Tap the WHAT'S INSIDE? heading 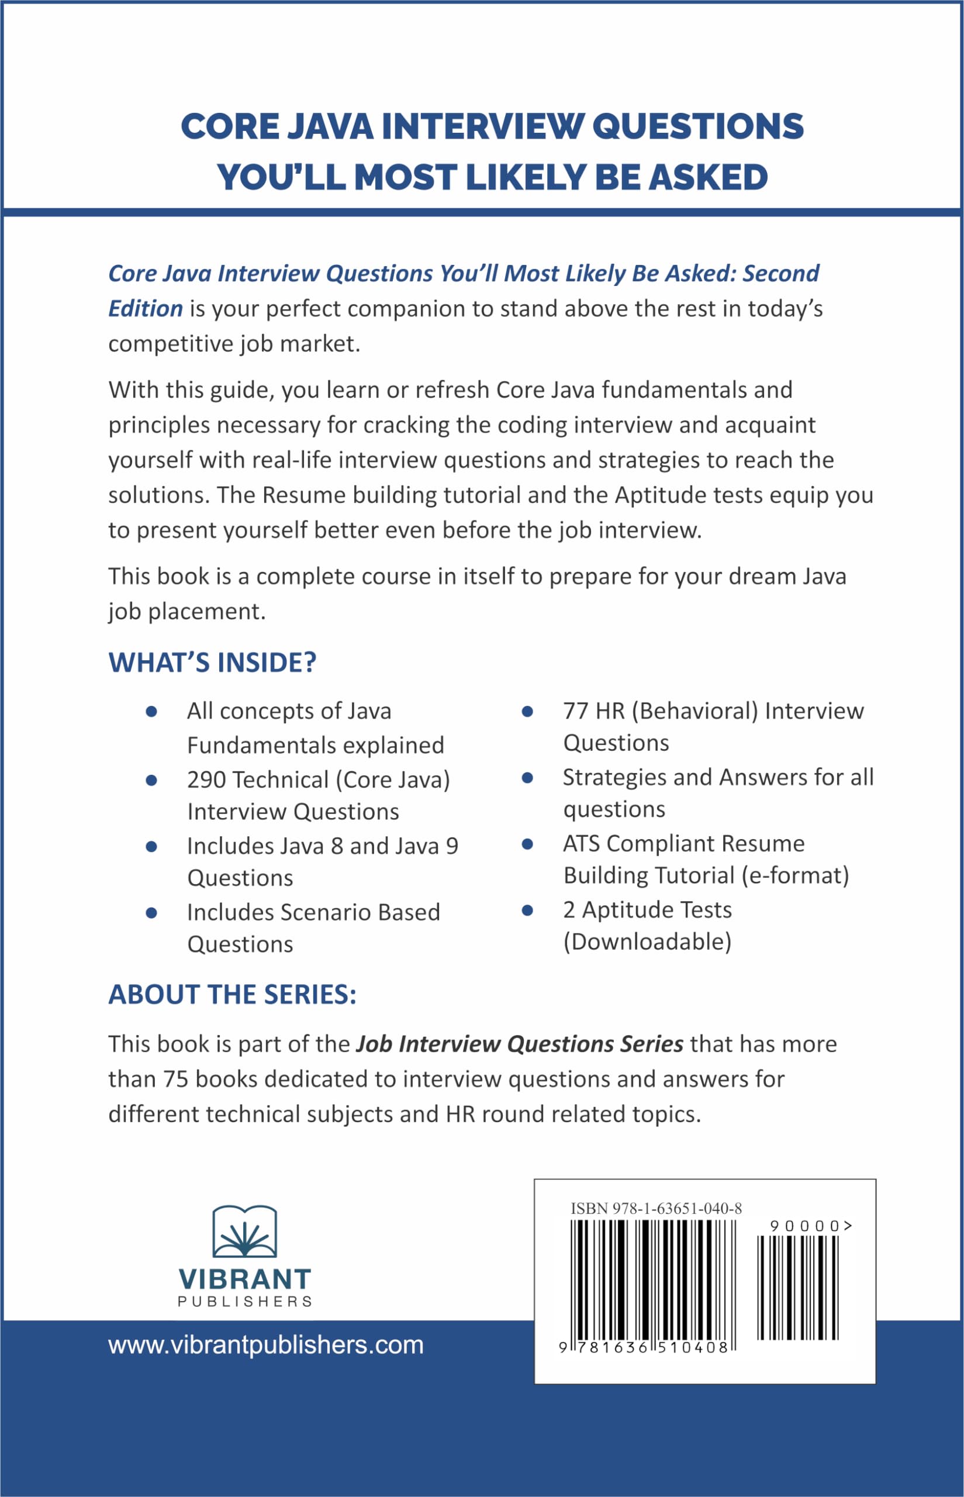pyautogui.click(x=212, y=663)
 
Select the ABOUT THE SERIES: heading pyautogui.click(x=232, y=995)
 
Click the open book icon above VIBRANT pyautogui.click(x=245, y=1232)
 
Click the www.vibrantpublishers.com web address pyautogui.click(x=266, y=1345)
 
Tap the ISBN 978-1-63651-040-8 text pyautogui.click(x=656, y=1208)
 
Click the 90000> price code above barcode pyautogui.click(x=811, y=1226)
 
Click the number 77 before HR pyautogui.click(x=575, y=711)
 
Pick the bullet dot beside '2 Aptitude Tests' pyautogui.click(x=527, y=910)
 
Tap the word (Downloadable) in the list pyautogui.click(x=647, y=941)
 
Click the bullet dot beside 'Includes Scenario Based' pyautogui.click(x=151, y=913)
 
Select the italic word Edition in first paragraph pyautogui.click(x=145, y=309)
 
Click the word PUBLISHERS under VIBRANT pyautogui.click(x=245, y=1302)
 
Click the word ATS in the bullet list pyautogui.click(x=581, y=844)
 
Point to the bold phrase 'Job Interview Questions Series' pyautogui.click(x=520, y=1044)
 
